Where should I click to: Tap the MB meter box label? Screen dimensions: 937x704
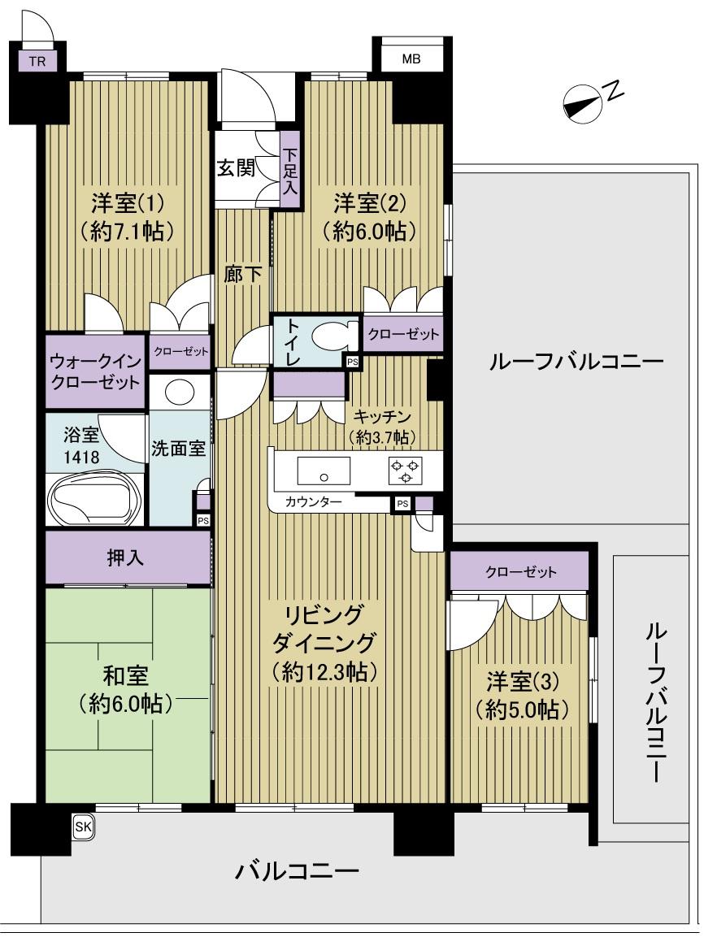(x=411, y=59)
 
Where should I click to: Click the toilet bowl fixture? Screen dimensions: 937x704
(x=335, y=335)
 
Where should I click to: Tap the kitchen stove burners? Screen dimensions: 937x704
(x=405, y=471)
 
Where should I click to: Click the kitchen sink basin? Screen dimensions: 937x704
(x=323, y=471)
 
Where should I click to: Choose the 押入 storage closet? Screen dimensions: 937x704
(x=128, y=557)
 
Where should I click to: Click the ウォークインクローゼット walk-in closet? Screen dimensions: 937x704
(x=95, y=371)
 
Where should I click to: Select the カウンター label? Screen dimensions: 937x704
(x=314, y=502)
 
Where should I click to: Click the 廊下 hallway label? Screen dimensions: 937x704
(x=243, y=275)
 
